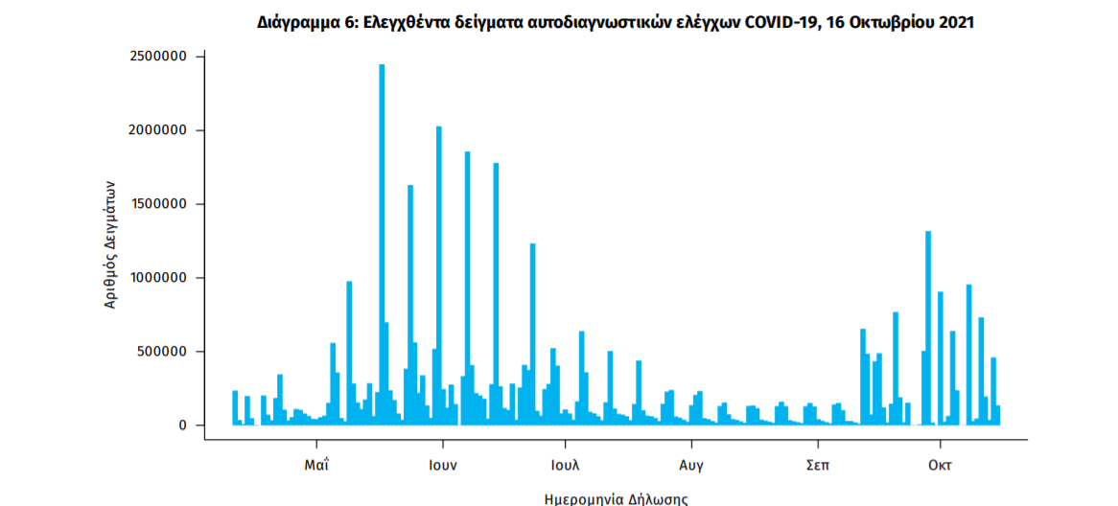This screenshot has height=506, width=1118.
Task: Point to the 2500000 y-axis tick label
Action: tap(156, 57)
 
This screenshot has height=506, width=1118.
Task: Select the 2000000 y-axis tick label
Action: tap(156, 130)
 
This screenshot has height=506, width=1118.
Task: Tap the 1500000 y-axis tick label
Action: tap(156, 204)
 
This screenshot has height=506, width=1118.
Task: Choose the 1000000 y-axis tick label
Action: tap(156, 278)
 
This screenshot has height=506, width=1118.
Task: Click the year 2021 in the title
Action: tap(955, 22)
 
